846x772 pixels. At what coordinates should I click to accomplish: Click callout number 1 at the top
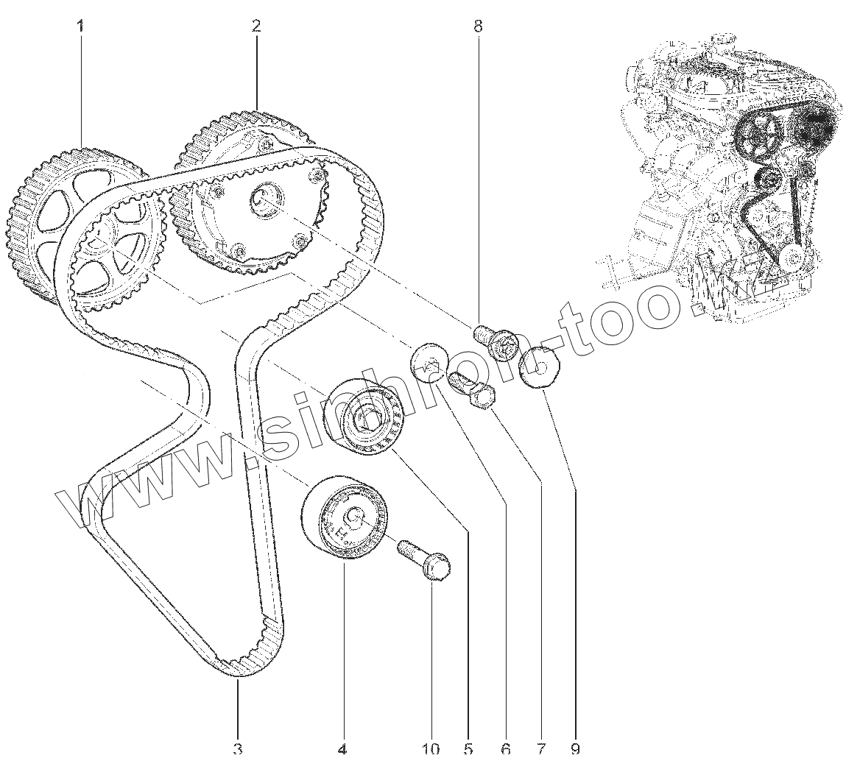coord(80,26)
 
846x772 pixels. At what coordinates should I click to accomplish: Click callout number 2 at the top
coord(255,26)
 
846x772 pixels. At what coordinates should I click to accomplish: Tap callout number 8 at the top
coord(478,26)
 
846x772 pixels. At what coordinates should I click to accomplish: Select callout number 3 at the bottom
coord(238,749)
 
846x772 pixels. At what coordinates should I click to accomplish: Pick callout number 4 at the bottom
coord(342,749)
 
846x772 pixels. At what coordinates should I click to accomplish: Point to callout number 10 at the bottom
coord(431,749)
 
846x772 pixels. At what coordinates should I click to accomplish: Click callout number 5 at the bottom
coord(468,749)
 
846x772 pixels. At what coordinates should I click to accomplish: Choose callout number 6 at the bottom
coord(505,749)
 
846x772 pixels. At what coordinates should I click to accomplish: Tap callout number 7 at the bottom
coord(541,749)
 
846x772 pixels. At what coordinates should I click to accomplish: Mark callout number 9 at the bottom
coord(575,749)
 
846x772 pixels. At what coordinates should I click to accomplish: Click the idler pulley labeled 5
coord(365,417)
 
